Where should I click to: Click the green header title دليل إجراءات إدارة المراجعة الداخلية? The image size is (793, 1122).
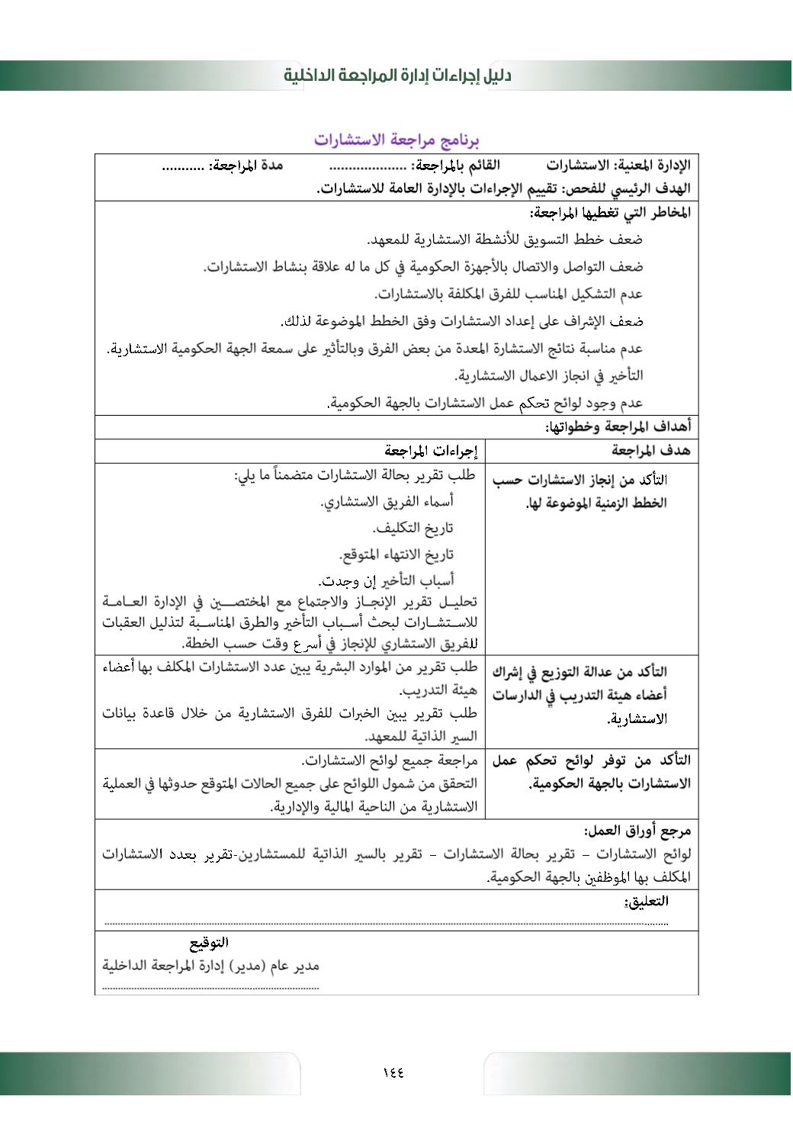[396, 76]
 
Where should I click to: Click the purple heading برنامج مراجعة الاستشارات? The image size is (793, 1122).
[396, 140]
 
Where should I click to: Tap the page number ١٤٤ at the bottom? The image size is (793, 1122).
[393, 1072]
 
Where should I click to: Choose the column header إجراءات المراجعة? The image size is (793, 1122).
[431, 451]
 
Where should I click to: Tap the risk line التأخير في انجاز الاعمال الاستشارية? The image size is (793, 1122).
[548, 375]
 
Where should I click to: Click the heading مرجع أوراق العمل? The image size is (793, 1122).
[637, 831]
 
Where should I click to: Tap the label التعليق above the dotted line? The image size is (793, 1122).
[646, 901]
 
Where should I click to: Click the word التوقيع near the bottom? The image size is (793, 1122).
[209, 943]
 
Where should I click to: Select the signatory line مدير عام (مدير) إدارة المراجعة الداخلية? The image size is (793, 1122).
[211, 966]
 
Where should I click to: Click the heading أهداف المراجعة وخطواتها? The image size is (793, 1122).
[618, 426]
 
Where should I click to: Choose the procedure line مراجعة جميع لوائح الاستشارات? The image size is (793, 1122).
[390, 760]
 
